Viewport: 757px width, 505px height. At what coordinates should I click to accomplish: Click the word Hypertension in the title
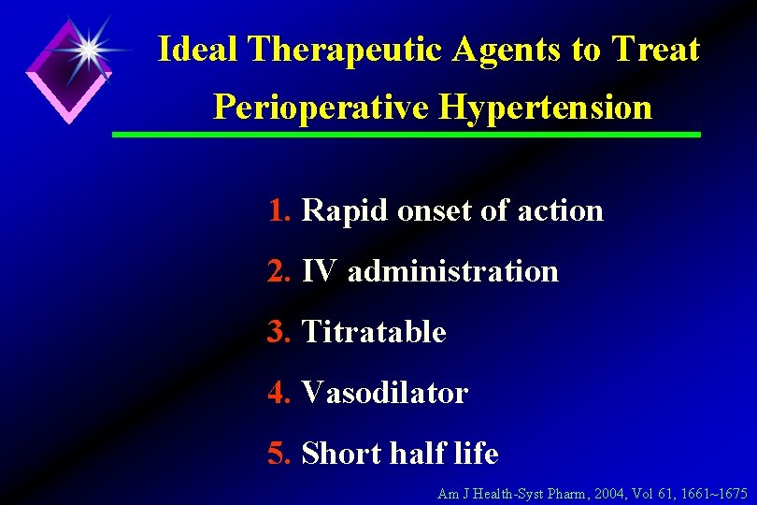pos(547,108)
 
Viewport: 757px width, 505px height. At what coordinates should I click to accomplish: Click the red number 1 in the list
pos(278,210)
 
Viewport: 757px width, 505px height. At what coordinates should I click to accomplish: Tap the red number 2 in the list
pos(278,271)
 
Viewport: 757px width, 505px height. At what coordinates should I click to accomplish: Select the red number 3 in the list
pos(278,332)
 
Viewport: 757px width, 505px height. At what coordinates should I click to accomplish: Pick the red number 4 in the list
pos(278,393)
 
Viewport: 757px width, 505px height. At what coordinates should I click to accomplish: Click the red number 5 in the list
pos(278,454)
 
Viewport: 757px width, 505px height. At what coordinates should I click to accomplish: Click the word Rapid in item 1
pos(345,211)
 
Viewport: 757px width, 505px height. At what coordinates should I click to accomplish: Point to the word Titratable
pos(374,332)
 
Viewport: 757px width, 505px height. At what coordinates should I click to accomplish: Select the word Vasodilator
pos(384,393)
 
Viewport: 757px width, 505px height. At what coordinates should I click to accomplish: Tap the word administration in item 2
pos(452,271)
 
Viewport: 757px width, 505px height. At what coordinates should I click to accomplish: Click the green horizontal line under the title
pos(406,135)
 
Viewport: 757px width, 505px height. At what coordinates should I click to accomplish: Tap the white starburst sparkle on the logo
pos(88,50)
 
